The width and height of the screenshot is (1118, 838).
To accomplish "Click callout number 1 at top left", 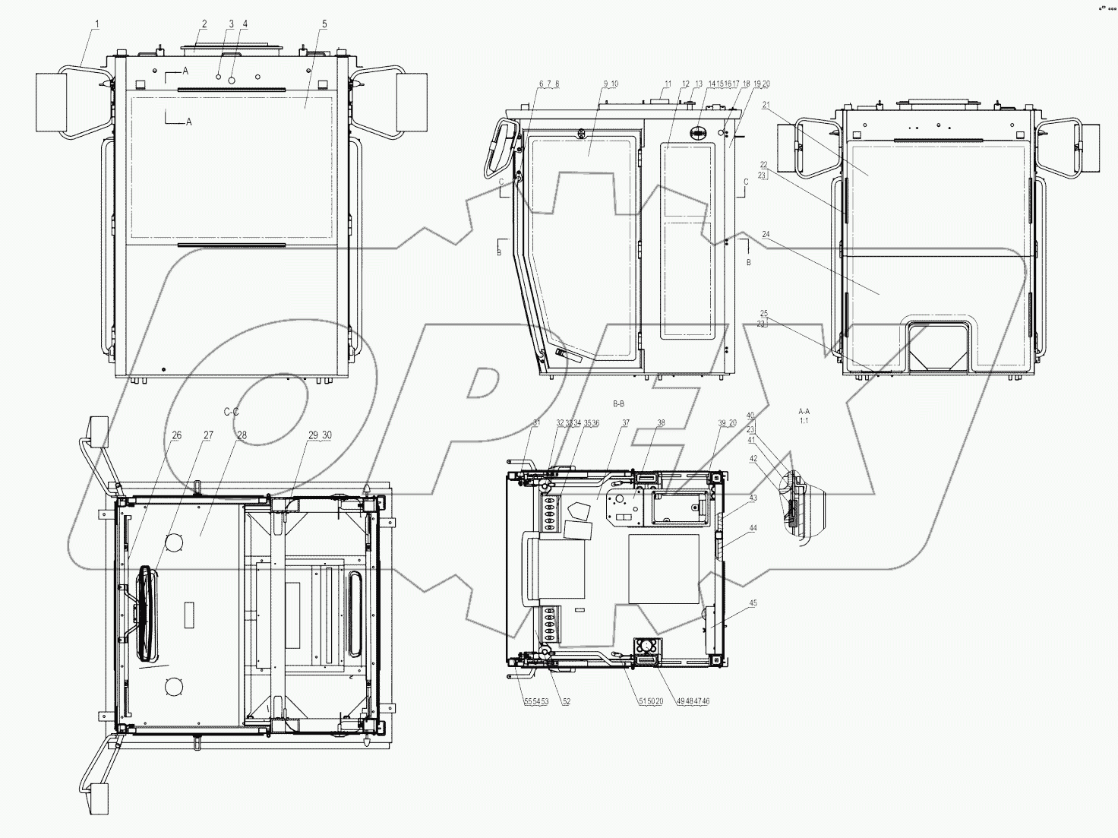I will point(96,24).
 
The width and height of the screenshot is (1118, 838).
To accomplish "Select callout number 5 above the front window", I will point(324,24).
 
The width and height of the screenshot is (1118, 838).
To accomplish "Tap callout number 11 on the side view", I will point(668,84).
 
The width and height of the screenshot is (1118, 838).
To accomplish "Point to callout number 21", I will point(765,105).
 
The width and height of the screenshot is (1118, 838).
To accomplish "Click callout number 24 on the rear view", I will point(765,235).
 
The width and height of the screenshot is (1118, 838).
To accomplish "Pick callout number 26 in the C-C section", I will point(176,435).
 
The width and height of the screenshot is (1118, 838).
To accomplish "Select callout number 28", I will point(242,435).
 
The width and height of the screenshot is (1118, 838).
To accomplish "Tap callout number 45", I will point(753,603).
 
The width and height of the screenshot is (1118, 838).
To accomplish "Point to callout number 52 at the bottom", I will point(567,702).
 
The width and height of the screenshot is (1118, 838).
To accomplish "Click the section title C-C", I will point(232,411).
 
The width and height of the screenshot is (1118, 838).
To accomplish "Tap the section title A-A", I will point(804,410).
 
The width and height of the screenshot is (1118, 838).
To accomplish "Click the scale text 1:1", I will point(804,419).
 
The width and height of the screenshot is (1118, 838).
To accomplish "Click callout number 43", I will point(753,498).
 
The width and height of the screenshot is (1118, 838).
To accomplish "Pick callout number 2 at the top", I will point(204,24).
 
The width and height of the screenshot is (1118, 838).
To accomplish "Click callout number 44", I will point(753,527).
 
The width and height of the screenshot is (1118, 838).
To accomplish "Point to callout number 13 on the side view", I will point(699,84).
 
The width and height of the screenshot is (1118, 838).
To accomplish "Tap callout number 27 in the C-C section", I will point(208,435).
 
